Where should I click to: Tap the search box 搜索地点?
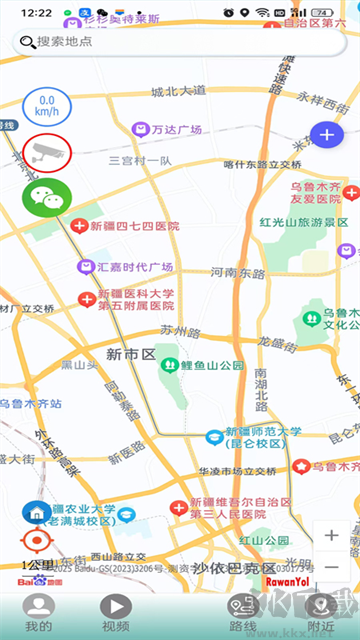tap(180, 42)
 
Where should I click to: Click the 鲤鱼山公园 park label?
tap(208, 365)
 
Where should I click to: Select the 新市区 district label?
tap(130, 354)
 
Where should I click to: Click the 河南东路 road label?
tap(238, 272)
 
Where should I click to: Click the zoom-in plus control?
tap(332, 535)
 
